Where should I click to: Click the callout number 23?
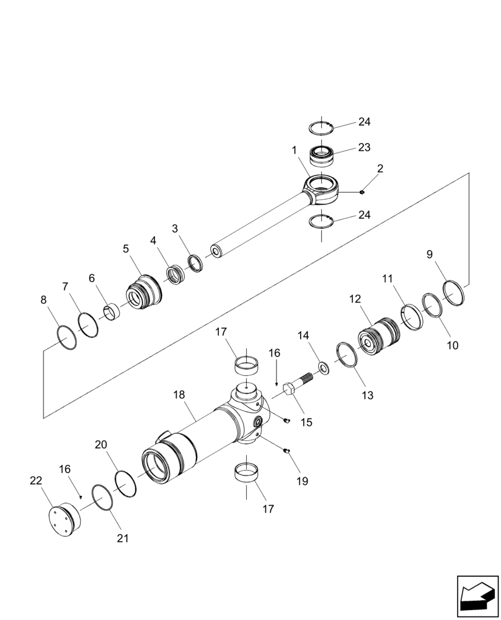pos(364,148)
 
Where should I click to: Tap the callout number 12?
pos(355,299)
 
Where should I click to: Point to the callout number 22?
pos(36,480)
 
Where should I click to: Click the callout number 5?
pos(126,249)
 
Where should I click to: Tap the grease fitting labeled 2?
pos(361,192)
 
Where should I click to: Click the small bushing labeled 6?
pos(112,311)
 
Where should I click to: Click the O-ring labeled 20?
pos(126,484)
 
